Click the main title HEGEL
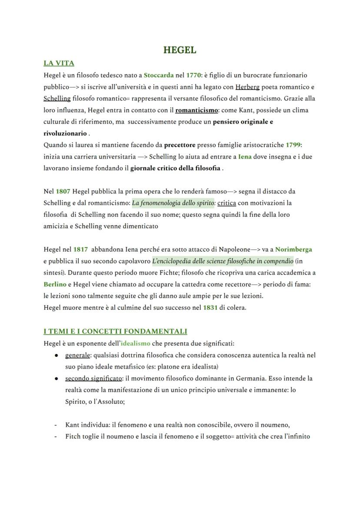pos(180,50)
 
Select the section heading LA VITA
pos(59,63)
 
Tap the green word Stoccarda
pos(159,75)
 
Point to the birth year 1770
pos(194,75)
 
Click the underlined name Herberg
pos(247,87)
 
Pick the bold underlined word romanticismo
pos(197,110)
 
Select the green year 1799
pos(293,145)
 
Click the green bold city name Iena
pos(245,156)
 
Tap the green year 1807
pos(63,191)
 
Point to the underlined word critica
pos(227,203)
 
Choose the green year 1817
pos(80,249)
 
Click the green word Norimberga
pos(293,249)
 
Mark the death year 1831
pos(210,308)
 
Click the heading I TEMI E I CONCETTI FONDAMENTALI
pos(115,332)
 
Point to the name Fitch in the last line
pos(73,436)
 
